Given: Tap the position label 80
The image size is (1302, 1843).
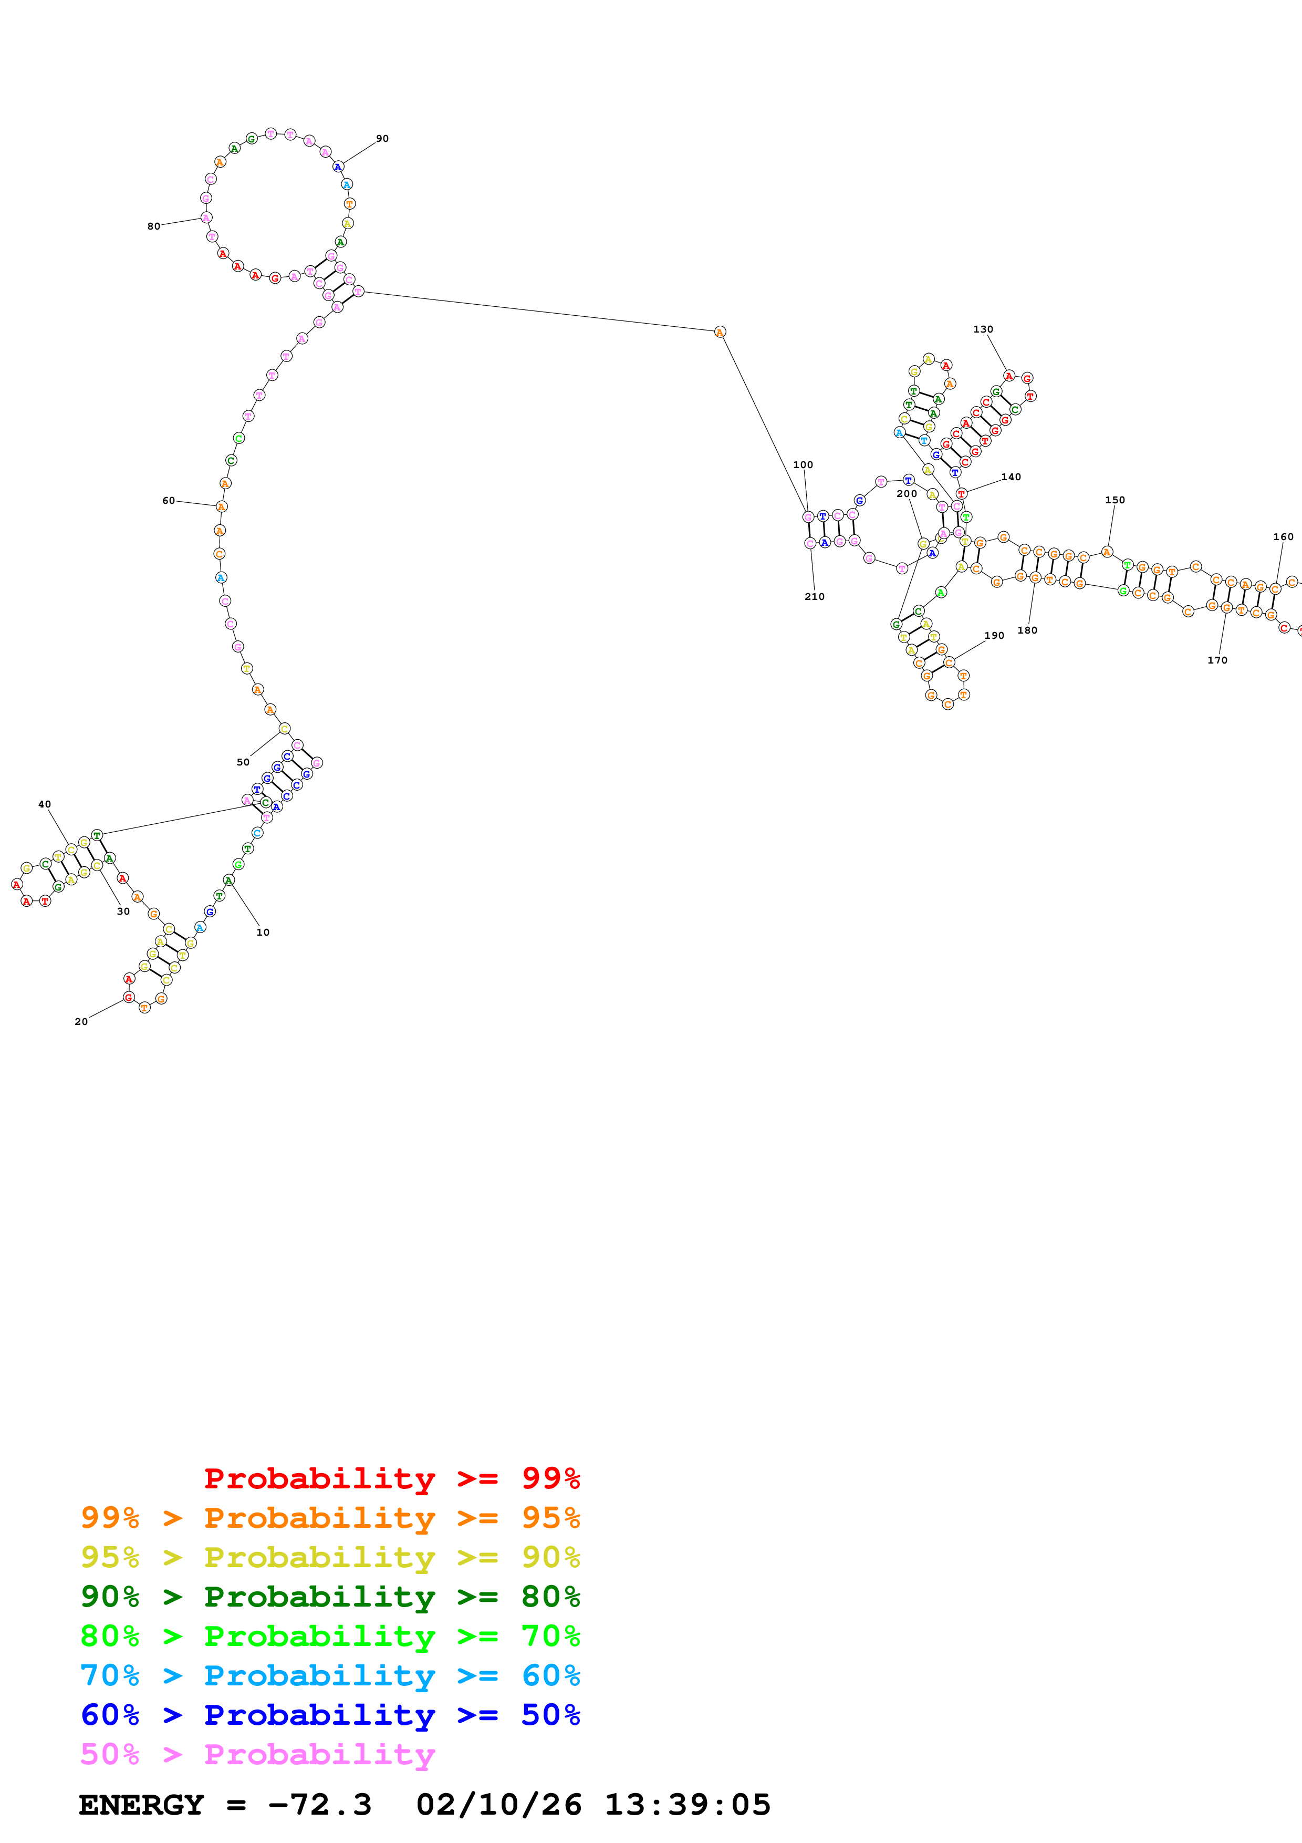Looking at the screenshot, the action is (153, 226).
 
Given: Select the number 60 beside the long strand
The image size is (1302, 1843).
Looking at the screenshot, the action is (169, 501).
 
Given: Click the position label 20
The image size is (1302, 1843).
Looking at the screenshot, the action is (81, 1022).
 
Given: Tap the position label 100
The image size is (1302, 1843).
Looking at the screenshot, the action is (803, 465).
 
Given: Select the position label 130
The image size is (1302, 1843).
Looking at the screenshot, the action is (983, 329).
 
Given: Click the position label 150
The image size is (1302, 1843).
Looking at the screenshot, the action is (1115, 500).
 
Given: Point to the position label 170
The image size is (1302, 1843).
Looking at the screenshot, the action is (1217, 660).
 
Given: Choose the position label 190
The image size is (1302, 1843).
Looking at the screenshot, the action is (994, 636).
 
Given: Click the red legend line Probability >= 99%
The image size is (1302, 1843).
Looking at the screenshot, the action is (391, 1478).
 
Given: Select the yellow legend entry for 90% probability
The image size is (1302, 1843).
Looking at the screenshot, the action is (330, 1557).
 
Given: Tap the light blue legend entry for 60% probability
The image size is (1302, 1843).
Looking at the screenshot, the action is (330, 1675).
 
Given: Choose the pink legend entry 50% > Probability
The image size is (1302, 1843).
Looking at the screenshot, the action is (257, 1754).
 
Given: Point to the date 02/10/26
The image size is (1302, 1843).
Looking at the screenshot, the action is (498, 1805).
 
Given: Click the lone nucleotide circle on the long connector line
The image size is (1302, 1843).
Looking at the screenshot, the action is (720, 332).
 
